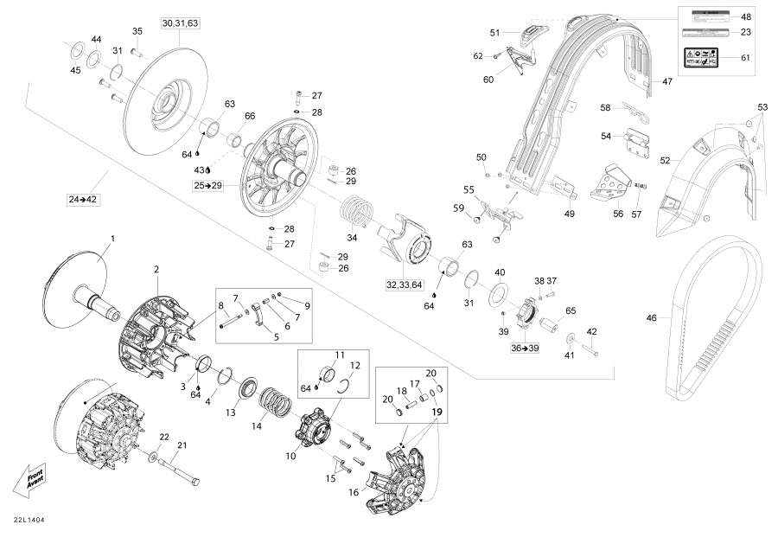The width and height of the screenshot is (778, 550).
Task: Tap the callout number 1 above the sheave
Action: pos(112,237)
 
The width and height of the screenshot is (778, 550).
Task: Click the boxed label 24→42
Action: pos(84,200)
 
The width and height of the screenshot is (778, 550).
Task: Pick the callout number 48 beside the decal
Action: pos(746,16)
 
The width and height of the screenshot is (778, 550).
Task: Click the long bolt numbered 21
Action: pos(178,470)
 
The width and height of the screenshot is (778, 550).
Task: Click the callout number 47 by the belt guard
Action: pos(666,81)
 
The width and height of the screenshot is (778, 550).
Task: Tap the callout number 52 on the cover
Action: pos(665,160)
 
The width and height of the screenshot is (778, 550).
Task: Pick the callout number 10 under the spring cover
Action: pos(290,455)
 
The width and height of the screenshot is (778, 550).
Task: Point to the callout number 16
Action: pos(353,492)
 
